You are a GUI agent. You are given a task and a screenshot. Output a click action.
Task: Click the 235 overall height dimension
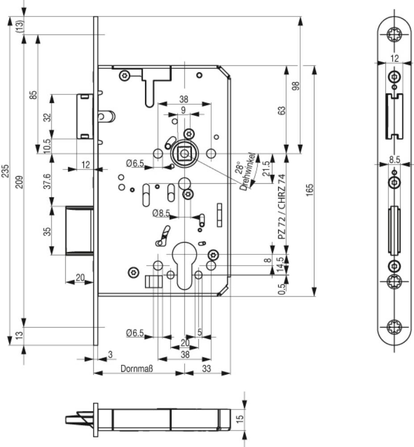click(x=5, y=174)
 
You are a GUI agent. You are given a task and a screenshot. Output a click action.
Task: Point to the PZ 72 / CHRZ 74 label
click(x=281, y=207)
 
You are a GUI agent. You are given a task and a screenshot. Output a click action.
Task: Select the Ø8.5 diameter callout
click(x=160, y=213)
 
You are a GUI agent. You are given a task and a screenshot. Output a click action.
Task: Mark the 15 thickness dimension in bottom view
click(x=240, y=418)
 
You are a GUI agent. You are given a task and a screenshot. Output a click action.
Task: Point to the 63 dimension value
click(x=281, y=110)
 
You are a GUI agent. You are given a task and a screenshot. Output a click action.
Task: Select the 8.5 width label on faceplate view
click(x=394, y=159)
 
